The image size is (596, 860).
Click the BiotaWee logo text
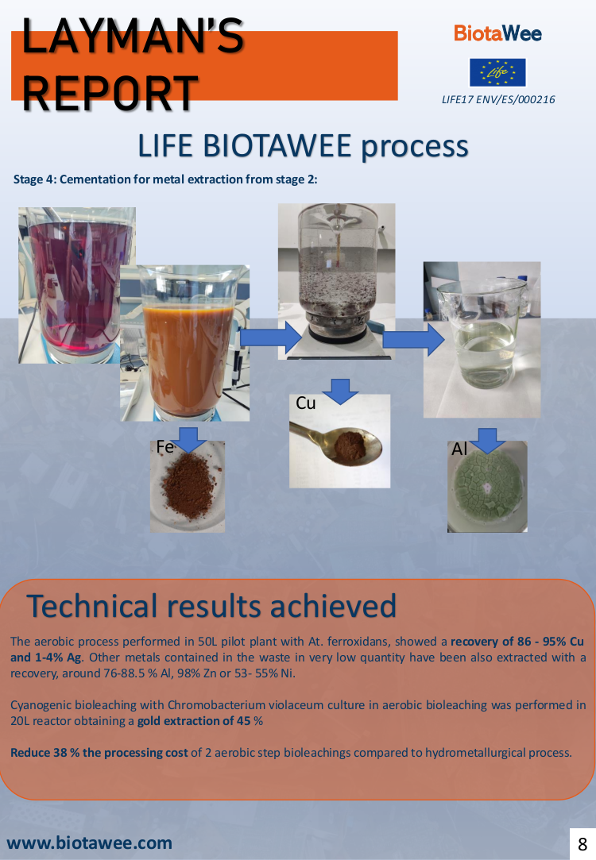(497, 33)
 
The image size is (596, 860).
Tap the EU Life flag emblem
(497, 72)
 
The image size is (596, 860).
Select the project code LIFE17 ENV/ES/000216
(498, 100)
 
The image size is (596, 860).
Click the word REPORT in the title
(110, 93)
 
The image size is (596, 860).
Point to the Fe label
(164, 447)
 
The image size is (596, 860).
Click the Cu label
(306, 403)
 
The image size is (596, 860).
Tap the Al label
(459, 449)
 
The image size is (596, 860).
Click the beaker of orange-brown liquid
(185, 343)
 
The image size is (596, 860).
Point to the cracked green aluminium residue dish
(487, 487)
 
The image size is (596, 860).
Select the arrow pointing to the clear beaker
(413, 340)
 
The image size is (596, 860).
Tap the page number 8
(582, 844)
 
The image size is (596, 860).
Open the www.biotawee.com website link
(90, 843)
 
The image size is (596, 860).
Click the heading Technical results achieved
(211, 606)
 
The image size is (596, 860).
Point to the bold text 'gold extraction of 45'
(194, 721)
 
